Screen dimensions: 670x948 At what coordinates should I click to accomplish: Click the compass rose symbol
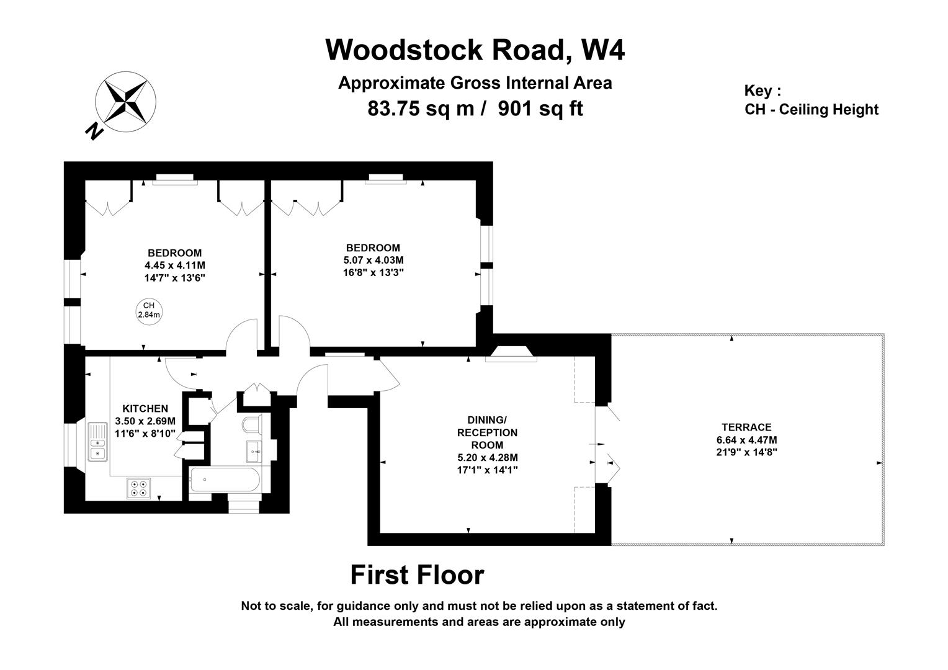tap(125, 101)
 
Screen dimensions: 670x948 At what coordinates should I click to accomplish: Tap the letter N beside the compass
tap(94, 131)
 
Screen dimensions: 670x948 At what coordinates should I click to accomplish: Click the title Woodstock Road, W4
tap(475, 50)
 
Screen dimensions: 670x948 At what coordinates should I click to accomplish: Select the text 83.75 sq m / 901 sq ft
tap(475, 109)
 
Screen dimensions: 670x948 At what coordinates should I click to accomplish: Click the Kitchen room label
tap(145, 409)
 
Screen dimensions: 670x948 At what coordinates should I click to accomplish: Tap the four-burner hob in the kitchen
tap(138, 488)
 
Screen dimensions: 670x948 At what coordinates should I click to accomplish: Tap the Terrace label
tap(746, 427)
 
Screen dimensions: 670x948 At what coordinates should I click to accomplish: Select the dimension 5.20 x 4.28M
tap(487, 458)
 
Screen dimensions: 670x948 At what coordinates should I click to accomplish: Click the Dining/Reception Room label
tap(487, 432)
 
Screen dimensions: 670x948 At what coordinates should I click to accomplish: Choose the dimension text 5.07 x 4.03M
tap(373, 260)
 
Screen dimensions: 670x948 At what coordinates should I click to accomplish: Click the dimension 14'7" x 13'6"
tap(174, 278)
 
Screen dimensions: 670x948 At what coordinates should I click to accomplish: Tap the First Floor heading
tap(417, 575)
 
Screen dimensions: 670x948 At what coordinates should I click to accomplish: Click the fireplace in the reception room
tap(511, 354)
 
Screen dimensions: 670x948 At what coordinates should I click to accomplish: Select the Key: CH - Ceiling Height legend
tap(811, 100)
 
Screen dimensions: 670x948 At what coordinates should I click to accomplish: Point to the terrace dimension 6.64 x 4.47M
tap(746, 440)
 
